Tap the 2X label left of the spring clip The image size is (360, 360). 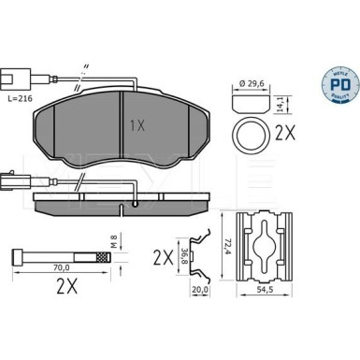click(x=160, y=254)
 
